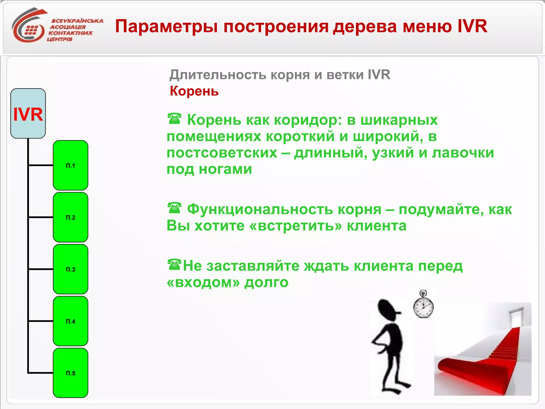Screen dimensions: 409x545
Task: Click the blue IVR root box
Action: point(28,113)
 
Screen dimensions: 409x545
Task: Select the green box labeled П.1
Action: point(71,165)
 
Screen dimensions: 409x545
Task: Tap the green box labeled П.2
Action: point(71,217)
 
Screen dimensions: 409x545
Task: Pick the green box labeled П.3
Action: point(71,269)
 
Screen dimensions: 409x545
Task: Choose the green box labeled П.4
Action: point(71,321)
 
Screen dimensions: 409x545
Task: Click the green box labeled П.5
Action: point(71,373)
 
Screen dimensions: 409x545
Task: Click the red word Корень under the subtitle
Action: point(194,91)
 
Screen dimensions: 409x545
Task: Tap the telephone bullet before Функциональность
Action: point(174,208)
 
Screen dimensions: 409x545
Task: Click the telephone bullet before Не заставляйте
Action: point(174,265)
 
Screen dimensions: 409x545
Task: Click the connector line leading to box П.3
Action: point(41,269)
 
